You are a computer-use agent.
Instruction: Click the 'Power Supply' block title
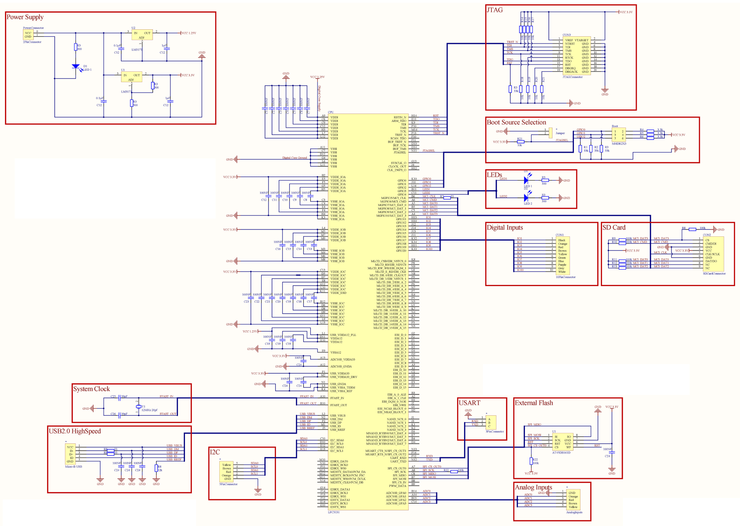25,17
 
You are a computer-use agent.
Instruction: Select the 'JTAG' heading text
494,10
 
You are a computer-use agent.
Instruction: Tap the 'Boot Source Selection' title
516,122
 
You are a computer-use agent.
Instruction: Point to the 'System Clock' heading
91,389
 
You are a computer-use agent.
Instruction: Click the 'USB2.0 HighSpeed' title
75,431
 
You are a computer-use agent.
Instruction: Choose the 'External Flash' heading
534,403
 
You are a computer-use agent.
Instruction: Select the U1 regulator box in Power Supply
131,77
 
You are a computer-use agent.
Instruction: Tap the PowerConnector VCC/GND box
28,35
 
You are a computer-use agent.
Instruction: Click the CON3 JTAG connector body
577,56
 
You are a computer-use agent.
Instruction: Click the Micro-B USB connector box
70,454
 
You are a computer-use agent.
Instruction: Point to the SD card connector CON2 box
713,254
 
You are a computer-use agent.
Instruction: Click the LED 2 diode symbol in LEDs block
526,198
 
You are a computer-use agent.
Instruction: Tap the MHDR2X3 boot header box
619,135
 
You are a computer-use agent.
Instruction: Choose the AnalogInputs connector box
573,500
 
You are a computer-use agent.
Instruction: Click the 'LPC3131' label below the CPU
334,512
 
